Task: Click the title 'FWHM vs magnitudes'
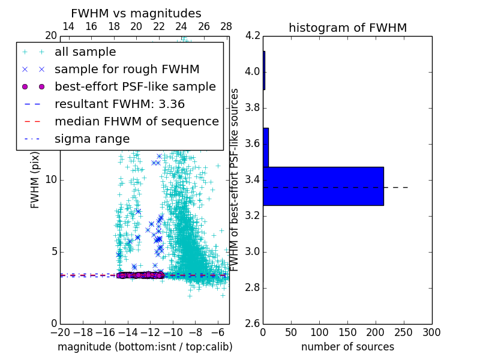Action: (136, 13)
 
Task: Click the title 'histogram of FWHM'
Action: (347, 28)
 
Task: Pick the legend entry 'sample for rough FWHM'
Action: (127, 70)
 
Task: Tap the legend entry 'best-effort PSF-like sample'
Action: (135, 87)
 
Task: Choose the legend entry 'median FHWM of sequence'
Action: (136, 122)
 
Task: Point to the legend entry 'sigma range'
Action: (92, 139)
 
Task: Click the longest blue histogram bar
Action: (323, 186)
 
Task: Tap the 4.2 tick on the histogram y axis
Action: (253, 36)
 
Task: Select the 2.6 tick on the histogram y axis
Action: (253, 323)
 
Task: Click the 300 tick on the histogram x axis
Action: (431, 332)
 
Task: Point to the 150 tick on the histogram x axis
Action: (347, 332)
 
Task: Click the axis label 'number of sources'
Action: (347, 347)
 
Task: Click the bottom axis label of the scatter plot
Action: (145, 347)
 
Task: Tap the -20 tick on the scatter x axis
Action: (60, 332)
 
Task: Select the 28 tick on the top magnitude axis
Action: (226, 27)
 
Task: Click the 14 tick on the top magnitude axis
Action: (68, 27)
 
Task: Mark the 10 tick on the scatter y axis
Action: (51, 180)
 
